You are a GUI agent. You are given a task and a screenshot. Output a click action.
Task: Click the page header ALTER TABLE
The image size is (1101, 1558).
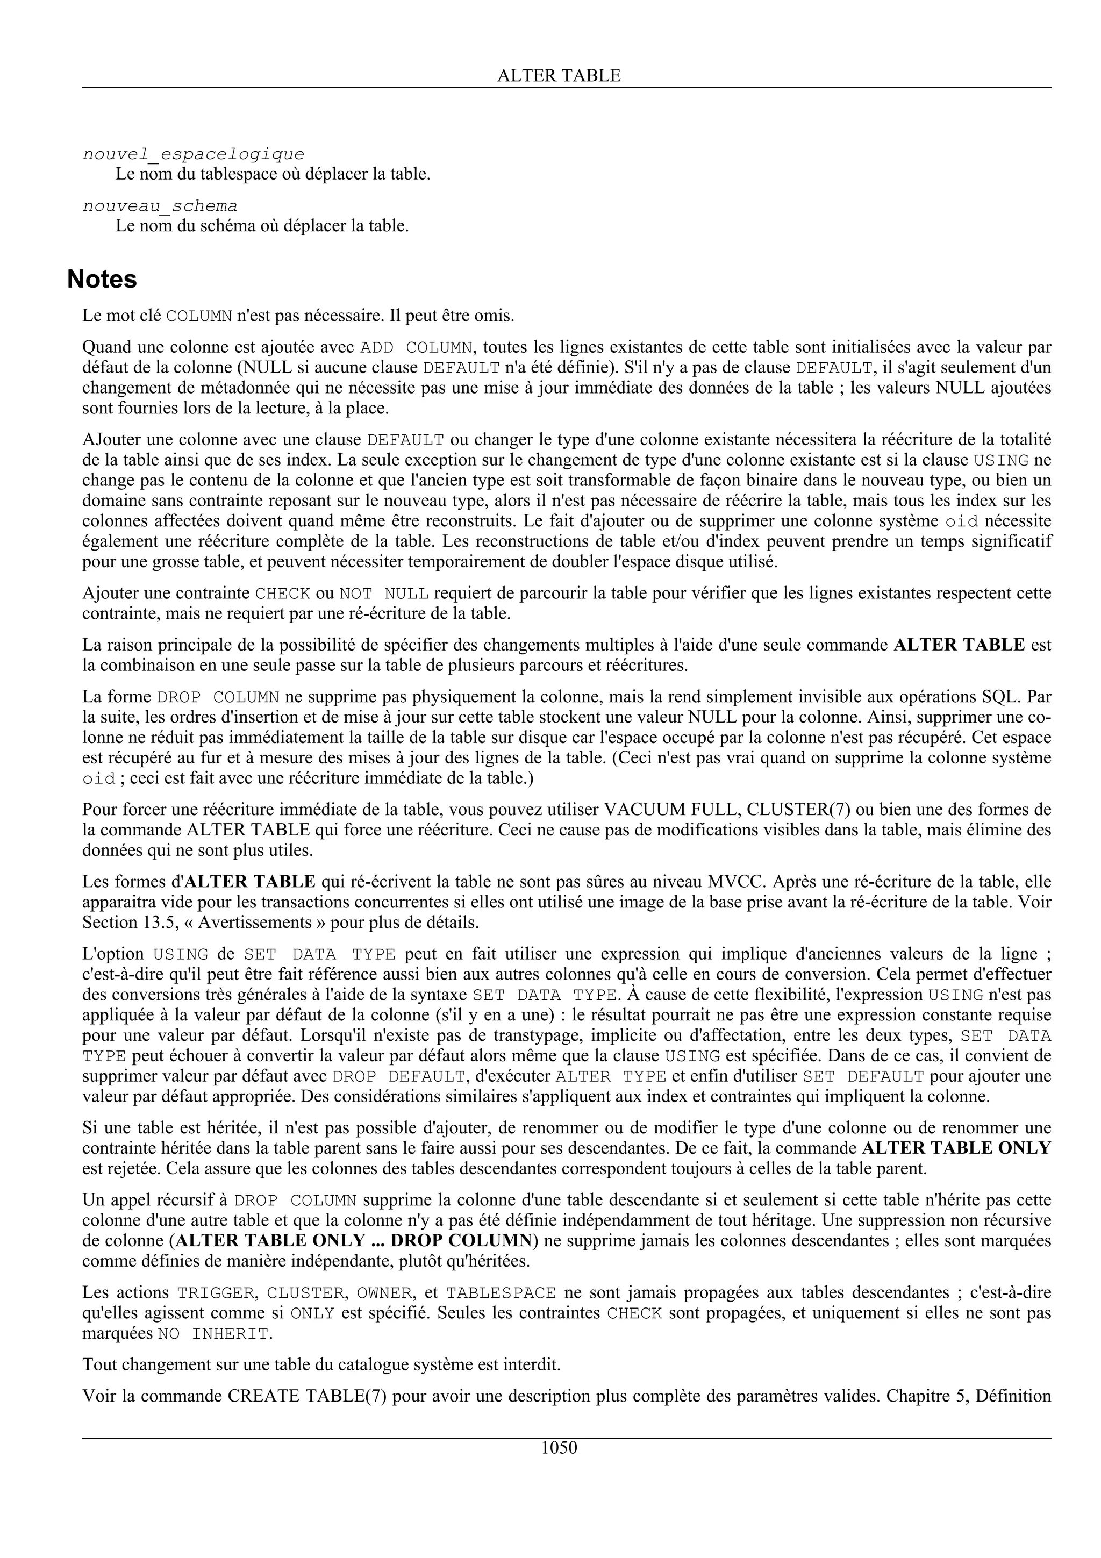coord(559,75)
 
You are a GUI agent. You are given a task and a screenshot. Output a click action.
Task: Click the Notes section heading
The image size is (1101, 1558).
coord(102,279)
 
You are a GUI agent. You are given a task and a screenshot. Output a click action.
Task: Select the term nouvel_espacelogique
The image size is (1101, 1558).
coord(194,154)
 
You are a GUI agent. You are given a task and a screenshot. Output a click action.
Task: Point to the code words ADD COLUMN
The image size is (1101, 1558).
coord(416,347)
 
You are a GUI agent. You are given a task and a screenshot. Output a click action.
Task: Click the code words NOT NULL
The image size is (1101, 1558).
coord(383,594)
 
